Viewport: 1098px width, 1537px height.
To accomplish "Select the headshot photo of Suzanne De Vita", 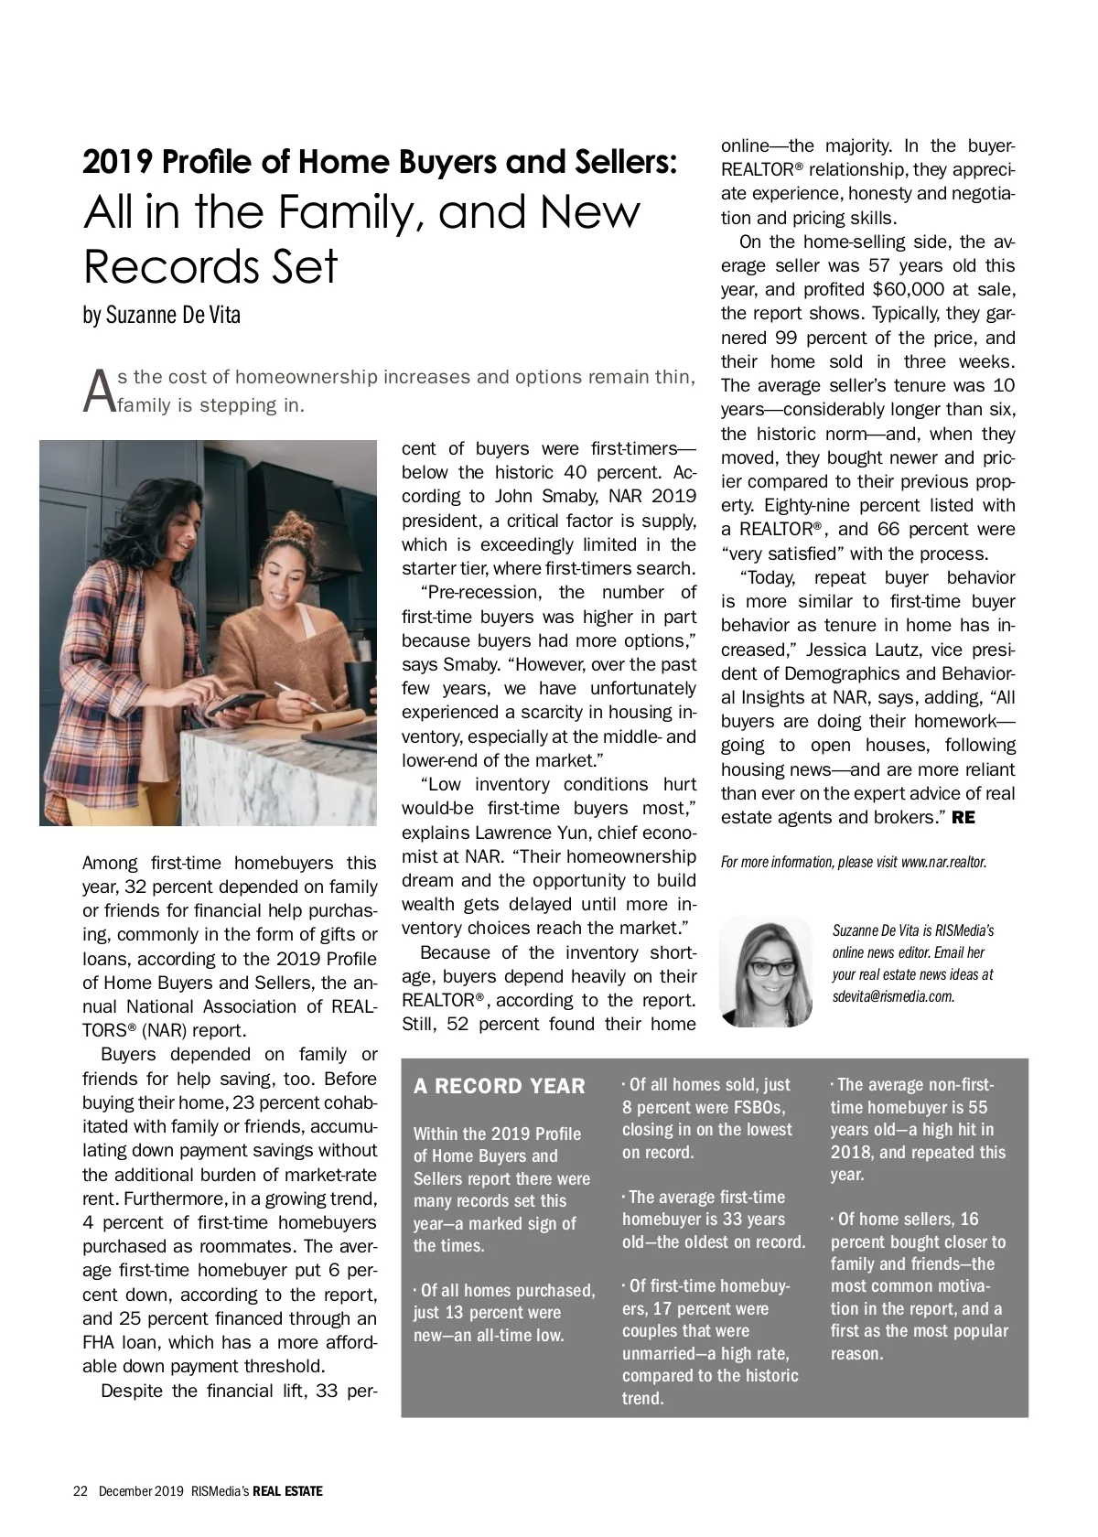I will (766, 972).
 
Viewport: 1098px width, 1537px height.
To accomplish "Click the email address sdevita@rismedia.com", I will (893, 996).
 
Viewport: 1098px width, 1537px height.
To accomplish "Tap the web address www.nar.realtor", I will (943, 862).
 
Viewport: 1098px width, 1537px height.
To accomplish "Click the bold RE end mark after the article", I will (963, 818).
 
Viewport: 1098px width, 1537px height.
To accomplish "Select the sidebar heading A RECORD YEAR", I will (500, 1087).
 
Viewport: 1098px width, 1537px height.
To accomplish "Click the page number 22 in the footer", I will (80, 1491).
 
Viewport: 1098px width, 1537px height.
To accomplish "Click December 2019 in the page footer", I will (141, 1491).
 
